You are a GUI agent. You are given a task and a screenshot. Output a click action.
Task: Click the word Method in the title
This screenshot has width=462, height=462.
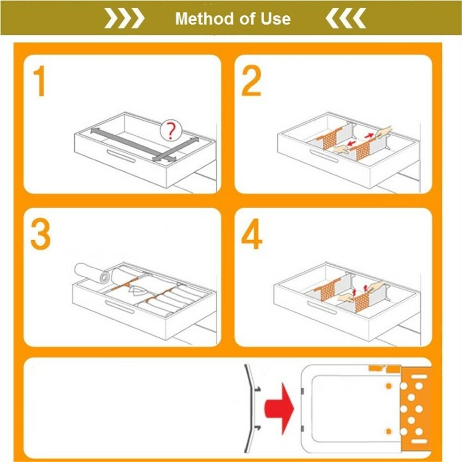click(x=205, y=18)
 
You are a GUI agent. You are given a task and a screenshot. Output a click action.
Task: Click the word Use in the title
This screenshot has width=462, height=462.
click(x=275, y=18)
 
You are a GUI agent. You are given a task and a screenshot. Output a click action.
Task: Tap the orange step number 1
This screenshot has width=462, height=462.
click(x=40, y=81)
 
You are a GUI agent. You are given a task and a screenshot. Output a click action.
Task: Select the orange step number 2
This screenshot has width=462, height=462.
click(x=251, y=81)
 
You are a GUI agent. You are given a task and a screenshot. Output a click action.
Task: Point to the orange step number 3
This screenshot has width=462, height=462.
click(x=41, y=235)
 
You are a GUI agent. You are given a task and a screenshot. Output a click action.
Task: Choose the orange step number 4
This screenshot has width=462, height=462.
click(x=251, y=234)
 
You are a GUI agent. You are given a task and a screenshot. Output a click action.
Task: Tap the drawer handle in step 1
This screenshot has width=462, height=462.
click(x=121, y=156)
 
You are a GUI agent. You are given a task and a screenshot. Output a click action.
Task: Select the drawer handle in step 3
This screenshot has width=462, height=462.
click(x=120, y=307)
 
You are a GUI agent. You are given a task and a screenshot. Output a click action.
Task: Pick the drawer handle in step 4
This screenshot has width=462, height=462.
click(x=322, y=308)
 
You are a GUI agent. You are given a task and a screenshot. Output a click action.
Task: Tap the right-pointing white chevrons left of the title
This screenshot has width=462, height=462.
click(x=124, y=18)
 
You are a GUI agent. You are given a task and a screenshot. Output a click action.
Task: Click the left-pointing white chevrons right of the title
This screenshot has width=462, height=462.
click(x=346, y=18)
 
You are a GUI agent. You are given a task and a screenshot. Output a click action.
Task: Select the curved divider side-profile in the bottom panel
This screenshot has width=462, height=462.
click(x=250, y=409)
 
